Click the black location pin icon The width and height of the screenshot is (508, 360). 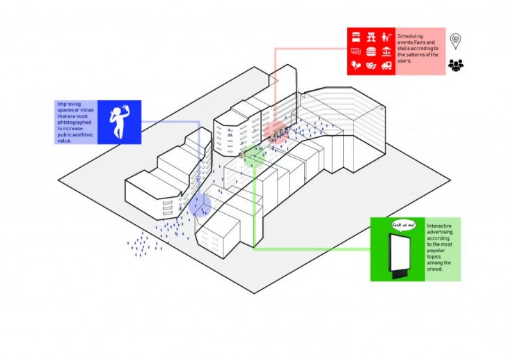(456, 41)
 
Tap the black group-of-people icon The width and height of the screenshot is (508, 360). (456, 65)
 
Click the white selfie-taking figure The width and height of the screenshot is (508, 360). (119, 122)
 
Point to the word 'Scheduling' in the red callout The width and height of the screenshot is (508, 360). (411, 33)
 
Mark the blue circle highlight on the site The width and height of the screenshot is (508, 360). (199, 205)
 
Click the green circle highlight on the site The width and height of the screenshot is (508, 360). (254, 157)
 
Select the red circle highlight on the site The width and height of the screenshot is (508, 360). (277, 130)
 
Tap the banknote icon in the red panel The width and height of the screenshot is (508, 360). (355, 51)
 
